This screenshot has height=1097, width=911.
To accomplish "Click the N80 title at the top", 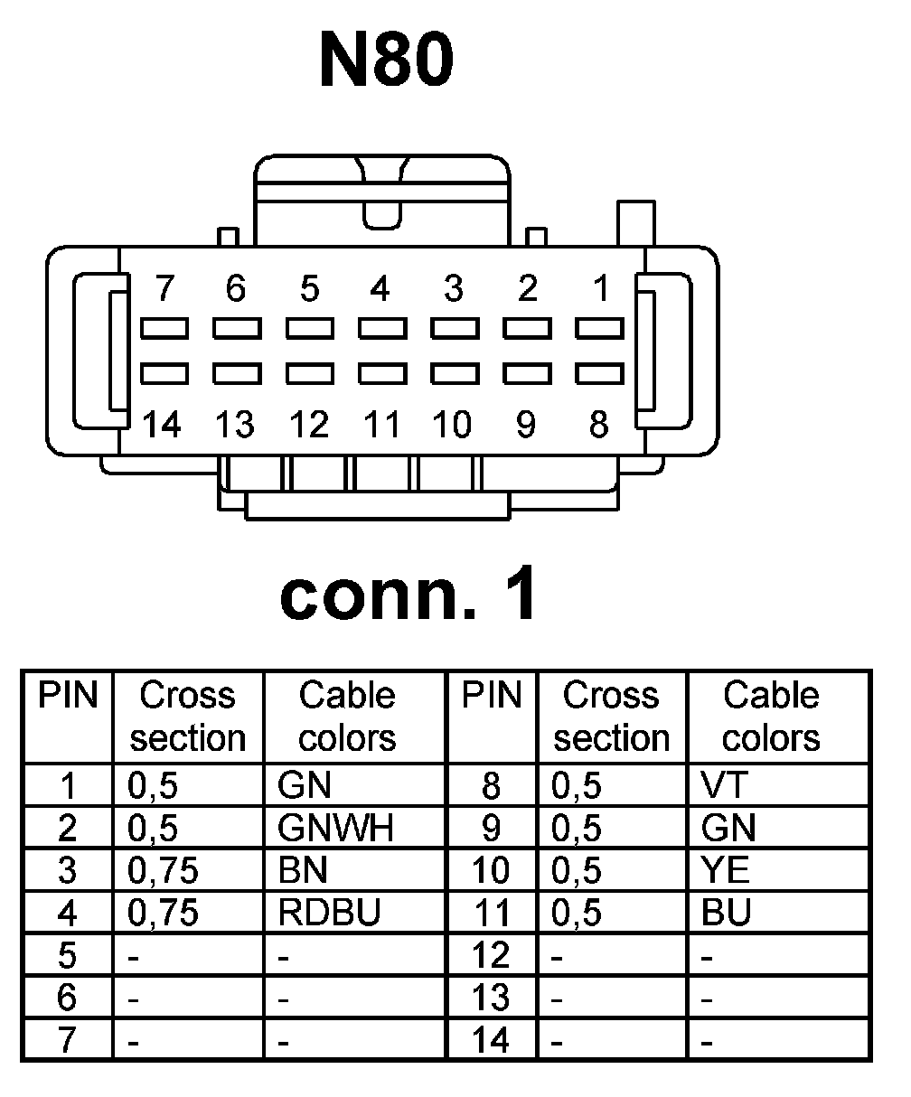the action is [386, 61].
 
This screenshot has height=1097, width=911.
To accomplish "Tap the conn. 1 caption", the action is [409, 595].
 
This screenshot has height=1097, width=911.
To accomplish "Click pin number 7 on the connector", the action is [164, 289].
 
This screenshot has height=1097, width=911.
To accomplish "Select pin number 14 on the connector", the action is [163, 424].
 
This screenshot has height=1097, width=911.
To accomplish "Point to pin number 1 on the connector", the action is [600, 289].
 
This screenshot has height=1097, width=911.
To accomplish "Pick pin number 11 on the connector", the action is [380, 424].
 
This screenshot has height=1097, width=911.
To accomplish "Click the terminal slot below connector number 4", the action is [381, 326].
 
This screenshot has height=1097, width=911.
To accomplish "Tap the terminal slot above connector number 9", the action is [527, 372].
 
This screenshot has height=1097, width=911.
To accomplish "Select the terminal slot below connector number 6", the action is [236, 326].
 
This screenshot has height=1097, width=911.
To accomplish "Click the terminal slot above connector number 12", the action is [309, 372].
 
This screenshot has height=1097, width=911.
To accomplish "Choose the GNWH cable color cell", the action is [335, 828].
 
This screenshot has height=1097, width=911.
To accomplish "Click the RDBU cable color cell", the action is [329, 914].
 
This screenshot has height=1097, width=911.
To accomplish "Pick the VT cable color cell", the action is [725, 785].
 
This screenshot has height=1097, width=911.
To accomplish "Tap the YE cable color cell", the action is [725, 870].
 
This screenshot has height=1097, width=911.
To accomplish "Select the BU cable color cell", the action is [726, 914].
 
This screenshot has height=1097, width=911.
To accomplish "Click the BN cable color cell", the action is [304, 870].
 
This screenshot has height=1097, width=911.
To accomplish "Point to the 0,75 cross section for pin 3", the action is [163, 870].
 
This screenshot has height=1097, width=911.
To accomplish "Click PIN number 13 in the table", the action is [491, 999].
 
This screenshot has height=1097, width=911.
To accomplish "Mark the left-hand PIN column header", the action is [67, 696].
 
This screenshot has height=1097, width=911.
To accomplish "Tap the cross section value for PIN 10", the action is [576, 870].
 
